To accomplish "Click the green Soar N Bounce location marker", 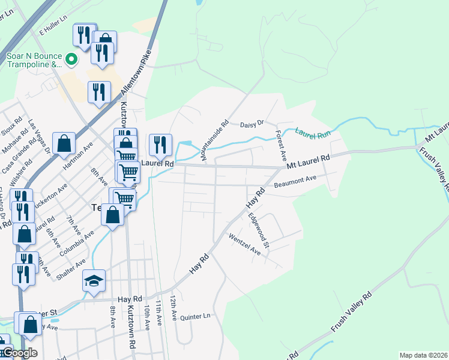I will pyautogui.click(x=71, y=59).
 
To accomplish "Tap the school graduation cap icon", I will pyautogui.click(x=94, y=281).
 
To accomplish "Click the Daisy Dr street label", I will pyautogui.click(x=252, y=124).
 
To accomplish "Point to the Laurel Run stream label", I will pyautogui.click(x=312, y=134).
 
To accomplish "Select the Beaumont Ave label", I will pyautogui.click(x=295, y=179).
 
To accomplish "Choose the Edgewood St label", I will pyautogui.click(x=260, y=230).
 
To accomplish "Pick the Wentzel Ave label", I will pyautogui.click(x=244, y=244).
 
